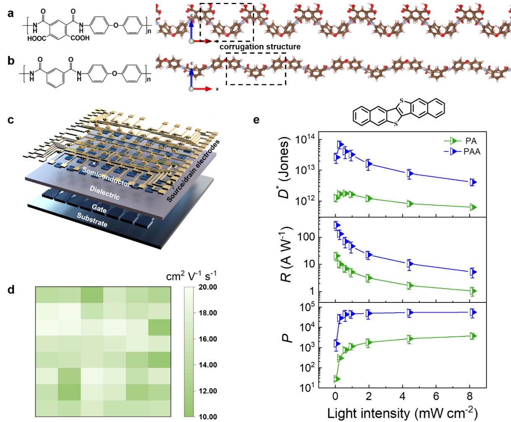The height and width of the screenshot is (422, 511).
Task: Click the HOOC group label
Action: pos(37,39)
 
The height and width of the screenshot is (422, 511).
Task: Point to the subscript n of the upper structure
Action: pos(149,30)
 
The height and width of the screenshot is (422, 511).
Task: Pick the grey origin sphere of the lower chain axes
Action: pos(192,89)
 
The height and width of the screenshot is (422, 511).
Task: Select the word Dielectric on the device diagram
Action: pos(105,193)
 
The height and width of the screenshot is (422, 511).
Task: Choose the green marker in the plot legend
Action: pos(453,141)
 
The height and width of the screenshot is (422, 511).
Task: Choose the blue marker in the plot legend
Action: pos(453,151)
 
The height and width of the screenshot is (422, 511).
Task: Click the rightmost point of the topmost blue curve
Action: pos(473,182)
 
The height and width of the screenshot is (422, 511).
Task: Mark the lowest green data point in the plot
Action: pos(336,379)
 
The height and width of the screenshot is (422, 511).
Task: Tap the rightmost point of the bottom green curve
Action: pos(473,336)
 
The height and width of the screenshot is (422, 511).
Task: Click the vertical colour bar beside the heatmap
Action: pos(189,352)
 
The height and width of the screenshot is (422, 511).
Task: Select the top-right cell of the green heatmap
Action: pos(159,295)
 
